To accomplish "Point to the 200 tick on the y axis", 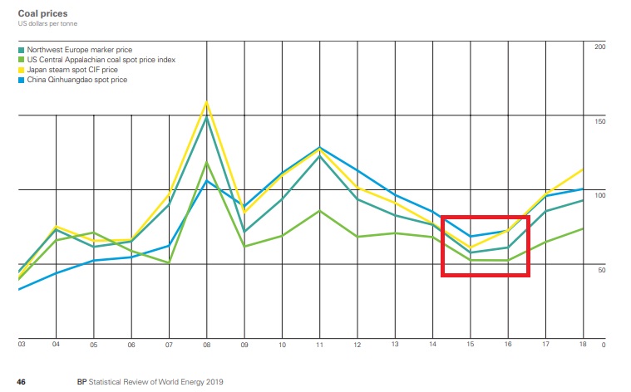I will [600, 47].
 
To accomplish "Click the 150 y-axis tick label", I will [600, 121].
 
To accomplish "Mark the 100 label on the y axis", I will [600, 195].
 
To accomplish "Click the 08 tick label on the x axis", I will [206, 344].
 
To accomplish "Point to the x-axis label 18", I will [583, 344].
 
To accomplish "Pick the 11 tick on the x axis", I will [319, 344].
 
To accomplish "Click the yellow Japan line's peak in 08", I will [206, 102].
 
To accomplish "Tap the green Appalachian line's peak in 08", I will [206, 163].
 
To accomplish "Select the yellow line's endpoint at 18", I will [583, 169].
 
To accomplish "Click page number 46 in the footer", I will [22, 381].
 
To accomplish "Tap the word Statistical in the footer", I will [112, 381].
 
